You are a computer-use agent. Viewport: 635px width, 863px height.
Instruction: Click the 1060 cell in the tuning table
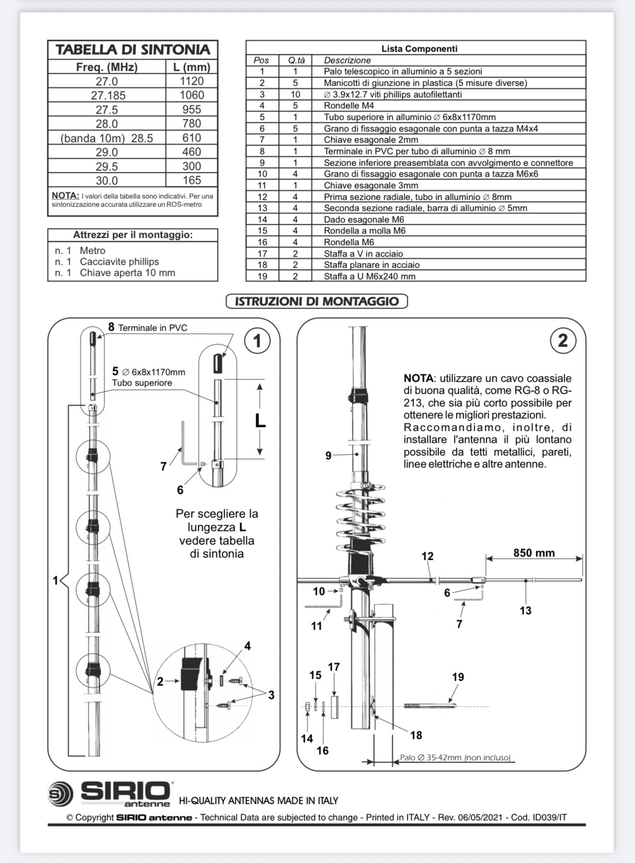tap(192, 95)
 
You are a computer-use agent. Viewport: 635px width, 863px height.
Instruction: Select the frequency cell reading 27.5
tap(107, 110)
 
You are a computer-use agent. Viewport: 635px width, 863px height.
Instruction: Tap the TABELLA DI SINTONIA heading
tap(133, 50)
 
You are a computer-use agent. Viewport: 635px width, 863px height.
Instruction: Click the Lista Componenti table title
tap(419, 49)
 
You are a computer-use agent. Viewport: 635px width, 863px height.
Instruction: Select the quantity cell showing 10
tap(295, 95)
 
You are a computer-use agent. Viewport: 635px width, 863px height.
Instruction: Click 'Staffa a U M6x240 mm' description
tap(369, 276)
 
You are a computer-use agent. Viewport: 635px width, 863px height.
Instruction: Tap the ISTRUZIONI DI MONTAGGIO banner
tap(317, 302)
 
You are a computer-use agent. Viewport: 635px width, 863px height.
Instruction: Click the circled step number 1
tap(257, 341)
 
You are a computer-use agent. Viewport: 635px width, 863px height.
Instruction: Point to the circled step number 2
tap(563, 341)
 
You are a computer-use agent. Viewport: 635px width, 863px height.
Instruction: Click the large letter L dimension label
tap(260, 421)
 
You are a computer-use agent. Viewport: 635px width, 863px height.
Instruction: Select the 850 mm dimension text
tap(533, 553)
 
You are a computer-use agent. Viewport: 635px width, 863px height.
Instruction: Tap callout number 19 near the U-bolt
tap(458, 677)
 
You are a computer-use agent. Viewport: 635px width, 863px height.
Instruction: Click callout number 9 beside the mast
tap(328, 455)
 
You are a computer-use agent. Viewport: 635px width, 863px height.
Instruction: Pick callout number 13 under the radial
tap(525, 610)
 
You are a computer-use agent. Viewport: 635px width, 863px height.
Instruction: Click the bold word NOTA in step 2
tap(418, 378)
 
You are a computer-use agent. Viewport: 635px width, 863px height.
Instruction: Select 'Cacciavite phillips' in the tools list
tap(119, 262)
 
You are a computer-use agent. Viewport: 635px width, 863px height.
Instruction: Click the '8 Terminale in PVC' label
tap(148, 328)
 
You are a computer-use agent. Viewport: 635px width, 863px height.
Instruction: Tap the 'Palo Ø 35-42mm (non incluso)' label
tap(455, 758)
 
